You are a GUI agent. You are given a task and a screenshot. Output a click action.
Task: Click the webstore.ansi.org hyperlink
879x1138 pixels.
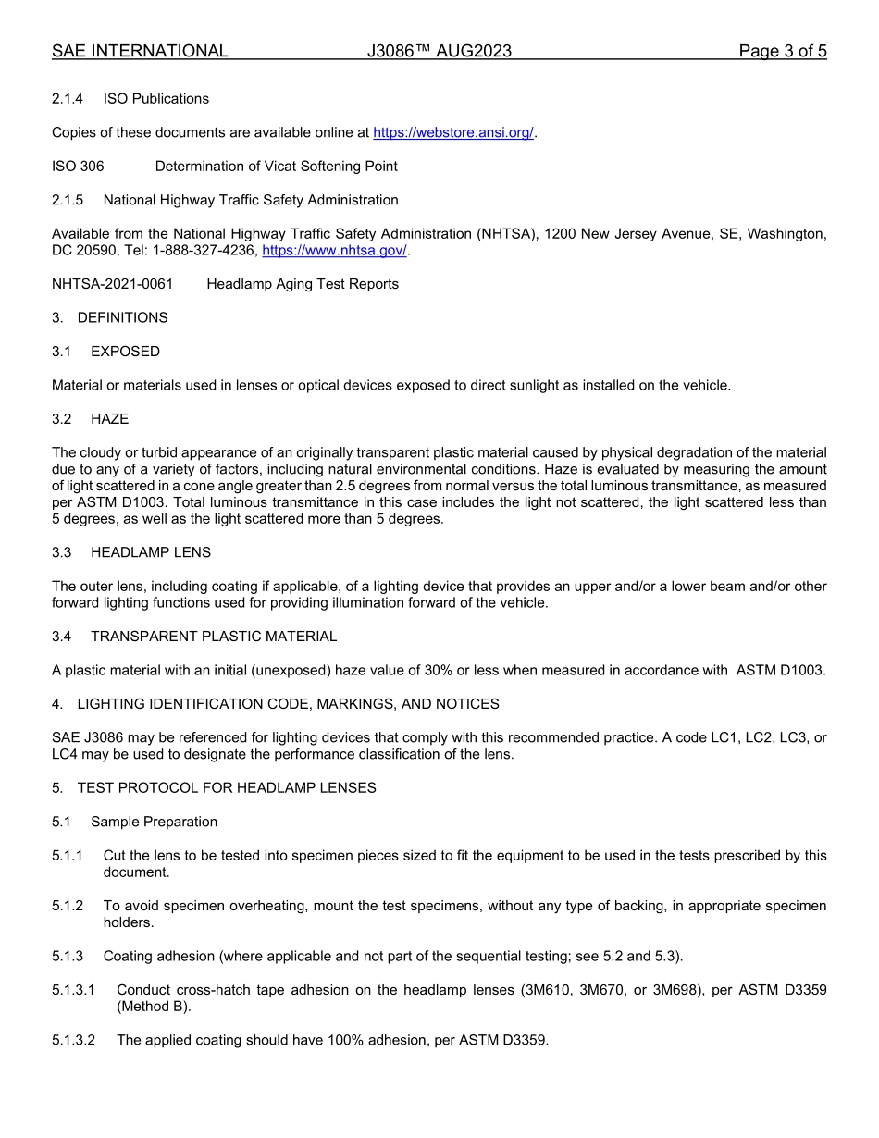click(x=453, y=132)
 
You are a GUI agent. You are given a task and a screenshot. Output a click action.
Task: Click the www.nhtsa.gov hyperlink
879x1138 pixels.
click(x=334, y=251)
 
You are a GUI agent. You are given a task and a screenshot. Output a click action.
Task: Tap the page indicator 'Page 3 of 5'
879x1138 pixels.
click(x=782, y=51)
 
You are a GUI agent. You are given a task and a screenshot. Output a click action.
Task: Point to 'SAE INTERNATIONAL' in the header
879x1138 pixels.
click(x=140, y=51)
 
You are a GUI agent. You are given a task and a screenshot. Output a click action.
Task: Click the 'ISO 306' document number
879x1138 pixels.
click(x=78, y=167)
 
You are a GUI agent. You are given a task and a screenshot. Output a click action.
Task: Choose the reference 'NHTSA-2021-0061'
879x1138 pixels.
click(x=112, y=284)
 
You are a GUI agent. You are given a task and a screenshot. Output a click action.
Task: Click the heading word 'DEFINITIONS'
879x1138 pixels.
click(x=122, y=317)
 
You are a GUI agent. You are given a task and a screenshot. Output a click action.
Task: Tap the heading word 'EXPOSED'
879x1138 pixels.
click(x=125, y=352)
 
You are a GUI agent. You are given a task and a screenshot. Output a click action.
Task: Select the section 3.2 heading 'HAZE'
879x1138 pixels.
click(x=109, y=419)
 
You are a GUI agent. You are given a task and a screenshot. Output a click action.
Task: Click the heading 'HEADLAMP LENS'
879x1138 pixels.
click(x=151, y=552)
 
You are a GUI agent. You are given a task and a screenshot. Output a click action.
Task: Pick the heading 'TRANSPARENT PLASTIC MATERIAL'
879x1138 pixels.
click(x=214, y=637)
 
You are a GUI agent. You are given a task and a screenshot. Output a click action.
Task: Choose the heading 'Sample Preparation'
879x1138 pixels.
click(x=154, y=822)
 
